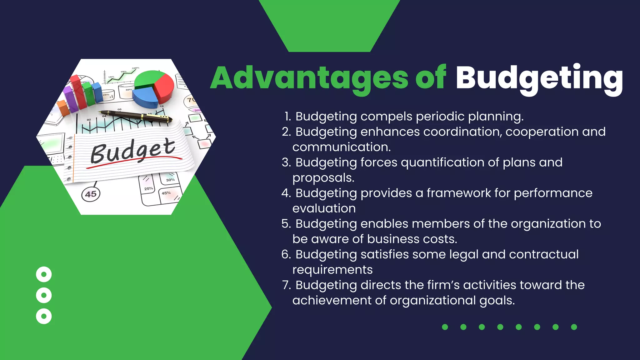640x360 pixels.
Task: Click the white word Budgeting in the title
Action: (539, 78)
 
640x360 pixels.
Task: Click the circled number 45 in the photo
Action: (91, 194)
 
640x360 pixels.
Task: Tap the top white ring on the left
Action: (44, 274)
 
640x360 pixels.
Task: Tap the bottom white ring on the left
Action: (44, 316)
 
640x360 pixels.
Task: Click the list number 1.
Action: (287, 117)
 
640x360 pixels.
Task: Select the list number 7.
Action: (286, 285)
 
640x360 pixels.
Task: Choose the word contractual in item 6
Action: (543, 254)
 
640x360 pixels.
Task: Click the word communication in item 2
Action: (342, 147)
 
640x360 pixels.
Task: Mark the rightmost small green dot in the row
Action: (574, 327)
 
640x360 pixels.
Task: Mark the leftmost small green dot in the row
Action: (445, 327)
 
